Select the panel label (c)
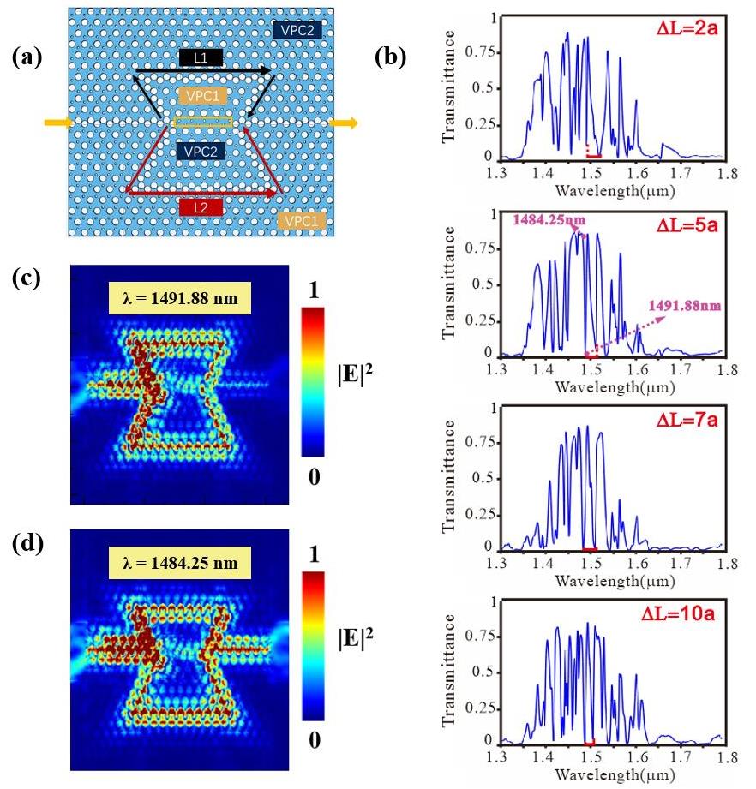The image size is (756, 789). (27, 284)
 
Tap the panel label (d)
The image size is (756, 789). (27, 546)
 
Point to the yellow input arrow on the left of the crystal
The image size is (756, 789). (57, 123)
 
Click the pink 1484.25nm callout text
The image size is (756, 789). (549, 220)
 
